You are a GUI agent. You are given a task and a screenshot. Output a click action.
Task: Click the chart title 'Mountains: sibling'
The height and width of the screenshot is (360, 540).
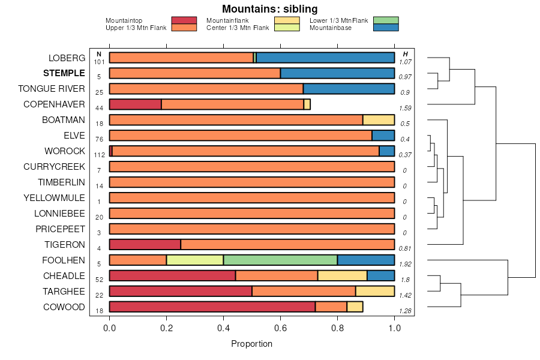269,9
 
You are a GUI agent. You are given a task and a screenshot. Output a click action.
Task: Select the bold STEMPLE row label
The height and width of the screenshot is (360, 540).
64,73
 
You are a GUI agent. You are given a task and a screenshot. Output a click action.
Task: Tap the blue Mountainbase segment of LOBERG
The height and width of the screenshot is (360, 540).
325,58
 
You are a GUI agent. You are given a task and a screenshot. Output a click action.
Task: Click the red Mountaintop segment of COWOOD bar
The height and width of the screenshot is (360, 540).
212,307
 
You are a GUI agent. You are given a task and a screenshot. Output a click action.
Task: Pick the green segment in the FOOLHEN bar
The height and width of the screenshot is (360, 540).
280,260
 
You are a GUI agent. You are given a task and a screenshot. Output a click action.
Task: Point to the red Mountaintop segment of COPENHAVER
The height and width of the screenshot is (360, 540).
135,104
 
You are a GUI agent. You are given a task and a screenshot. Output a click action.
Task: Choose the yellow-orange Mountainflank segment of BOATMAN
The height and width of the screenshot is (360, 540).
379,120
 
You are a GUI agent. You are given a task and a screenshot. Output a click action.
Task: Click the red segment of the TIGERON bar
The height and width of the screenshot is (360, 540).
145,245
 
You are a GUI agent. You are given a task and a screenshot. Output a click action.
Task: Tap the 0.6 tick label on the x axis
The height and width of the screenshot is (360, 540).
280,329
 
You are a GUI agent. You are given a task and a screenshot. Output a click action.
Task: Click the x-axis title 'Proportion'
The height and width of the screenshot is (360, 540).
251,344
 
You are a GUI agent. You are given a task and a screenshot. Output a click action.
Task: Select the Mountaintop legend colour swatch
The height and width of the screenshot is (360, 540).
184,20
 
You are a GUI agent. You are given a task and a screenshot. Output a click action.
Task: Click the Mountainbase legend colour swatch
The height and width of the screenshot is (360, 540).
385,28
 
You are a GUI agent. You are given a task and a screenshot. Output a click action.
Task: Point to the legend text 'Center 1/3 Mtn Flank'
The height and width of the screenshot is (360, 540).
238,28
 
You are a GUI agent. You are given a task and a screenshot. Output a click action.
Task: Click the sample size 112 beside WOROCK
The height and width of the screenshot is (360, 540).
100,155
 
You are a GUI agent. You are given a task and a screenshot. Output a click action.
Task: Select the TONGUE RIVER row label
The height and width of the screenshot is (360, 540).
52,89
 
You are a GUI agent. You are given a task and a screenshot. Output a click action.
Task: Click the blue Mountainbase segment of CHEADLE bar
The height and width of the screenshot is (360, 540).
380,276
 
